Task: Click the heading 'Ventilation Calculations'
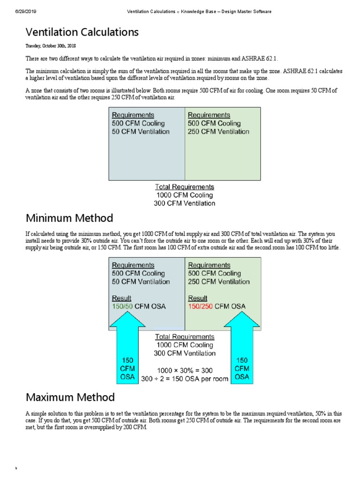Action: pos(82,32)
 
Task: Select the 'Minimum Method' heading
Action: pos(69,218)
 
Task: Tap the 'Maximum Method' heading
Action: pos(70,397)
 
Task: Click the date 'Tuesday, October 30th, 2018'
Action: pos(51,46)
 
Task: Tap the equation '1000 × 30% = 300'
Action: pos(184,370)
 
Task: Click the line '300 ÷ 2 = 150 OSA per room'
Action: pos(185,379)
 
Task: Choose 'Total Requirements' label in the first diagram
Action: pos(184,187)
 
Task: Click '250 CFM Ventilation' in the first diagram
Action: pos(218,132)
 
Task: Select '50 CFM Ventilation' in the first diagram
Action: pos(141,132)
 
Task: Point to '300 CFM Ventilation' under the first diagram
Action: pos(184,203)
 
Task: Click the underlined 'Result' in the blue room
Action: pos(121,298)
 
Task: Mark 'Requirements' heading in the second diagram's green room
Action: pos(209,265)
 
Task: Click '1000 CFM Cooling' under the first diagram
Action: pos(184,195)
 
